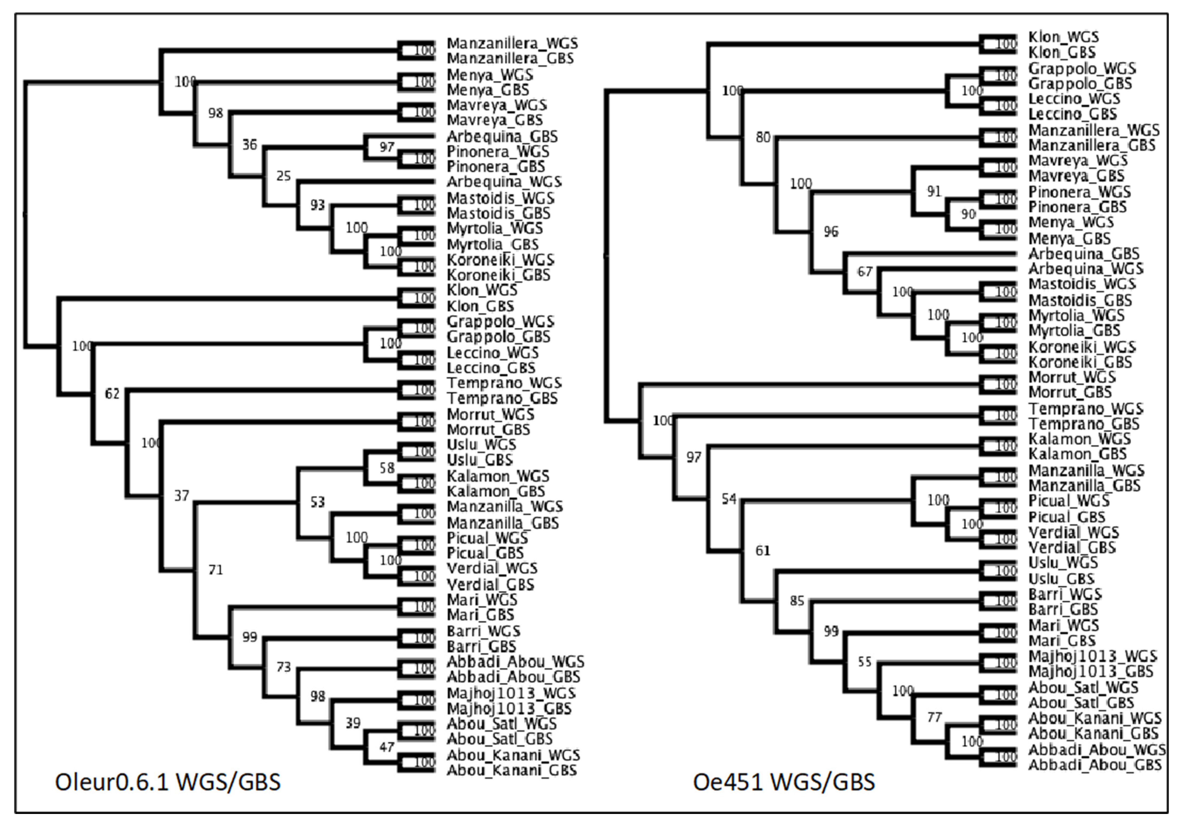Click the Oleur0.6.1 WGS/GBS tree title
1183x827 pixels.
167,782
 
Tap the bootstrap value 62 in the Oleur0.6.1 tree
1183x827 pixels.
112,394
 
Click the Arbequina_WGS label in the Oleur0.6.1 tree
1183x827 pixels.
504,182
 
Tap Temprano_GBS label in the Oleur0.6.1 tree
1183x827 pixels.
502,398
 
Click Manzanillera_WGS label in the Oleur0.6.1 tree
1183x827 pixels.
512,43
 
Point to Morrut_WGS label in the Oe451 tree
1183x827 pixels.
1072,377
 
